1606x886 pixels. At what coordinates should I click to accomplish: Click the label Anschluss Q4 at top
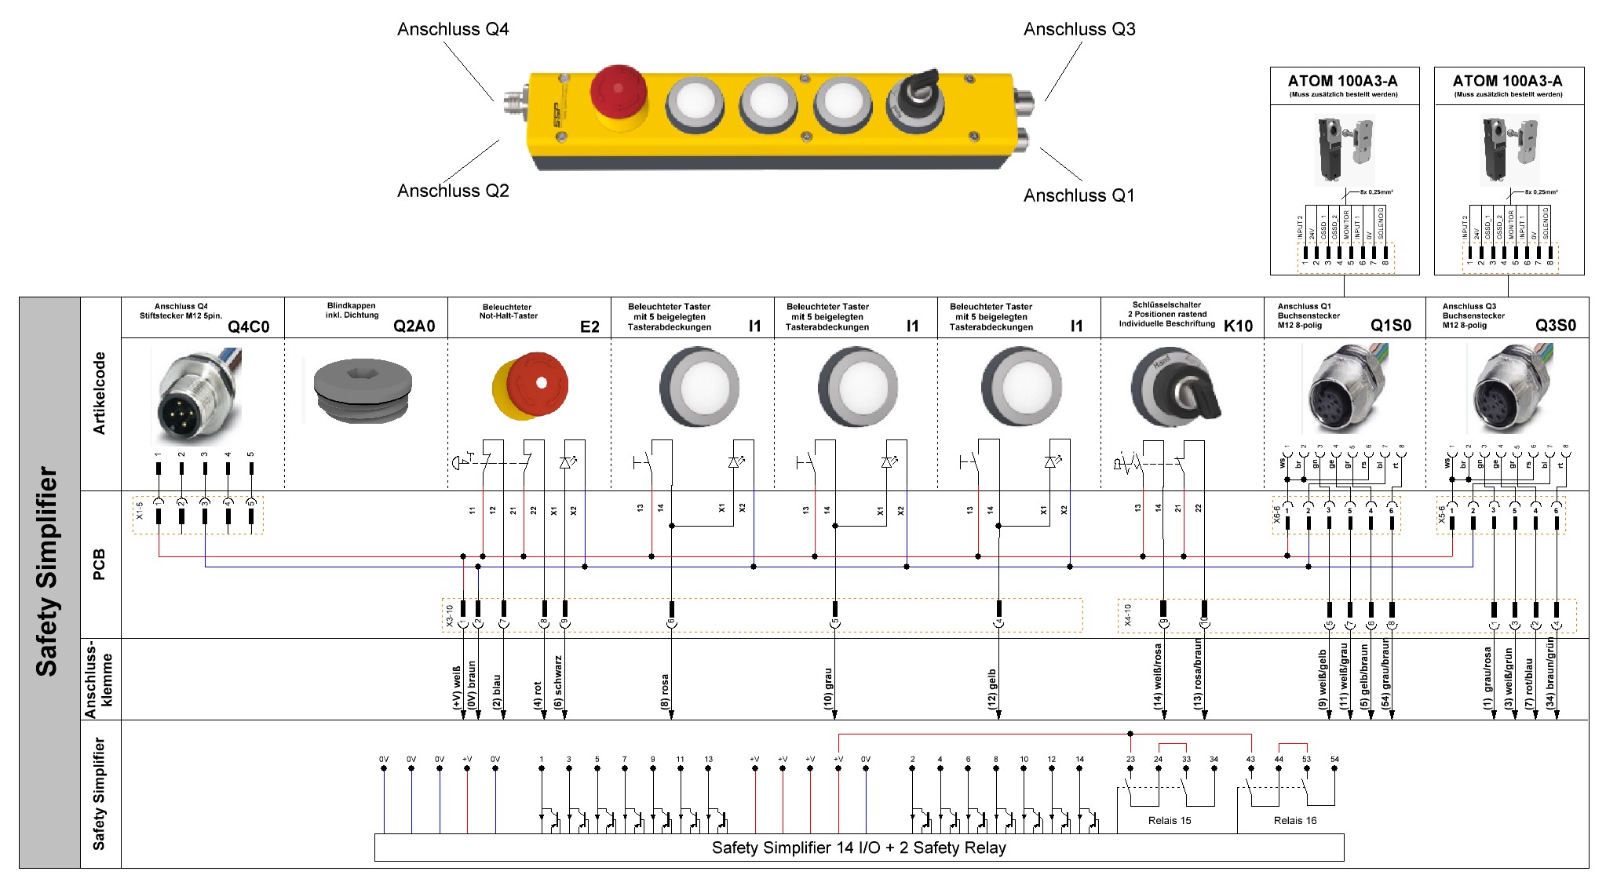(x=453, y=29)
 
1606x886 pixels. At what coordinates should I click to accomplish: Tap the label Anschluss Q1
(x=1079, y=195)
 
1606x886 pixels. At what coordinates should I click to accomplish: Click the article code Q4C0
(x=248, y=326)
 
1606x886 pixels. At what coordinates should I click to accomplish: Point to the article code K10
(x=1238, y=326)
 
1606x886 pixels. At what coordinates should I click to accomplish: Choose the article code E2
(x=589, y=326)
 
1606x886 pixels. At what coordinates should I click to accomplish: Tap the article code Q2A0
(x=414, y=326)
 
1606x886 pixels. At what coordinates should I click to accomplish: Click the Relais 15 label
(x=1169, y=820)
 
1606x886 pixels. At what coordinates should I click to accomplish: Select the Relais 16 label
(x=1294, y=820)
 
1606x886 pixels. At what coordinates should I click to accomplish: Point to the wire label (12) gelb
(x=992, y=689)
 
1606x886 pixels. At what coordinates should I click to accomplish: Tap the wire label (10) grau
(x=828, y=689)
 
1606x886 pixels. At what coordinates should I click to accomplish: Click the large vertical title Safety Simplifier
(x=47, y=571)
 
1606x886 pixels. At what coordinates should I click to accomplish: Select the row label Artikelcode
(x=99, y=393)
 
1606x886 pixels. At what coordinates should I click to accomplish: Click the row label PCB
(x=99, y=564)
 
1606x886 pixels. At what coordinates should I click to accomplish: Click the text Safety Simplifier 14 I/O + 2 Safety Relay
(x=858, y=848)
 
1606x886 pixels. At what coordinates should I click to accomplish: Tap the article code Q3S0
(x=1555, y=326)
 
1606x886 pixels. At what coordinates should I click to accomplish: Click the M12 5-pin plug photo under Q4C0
(x=196, y=397)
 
